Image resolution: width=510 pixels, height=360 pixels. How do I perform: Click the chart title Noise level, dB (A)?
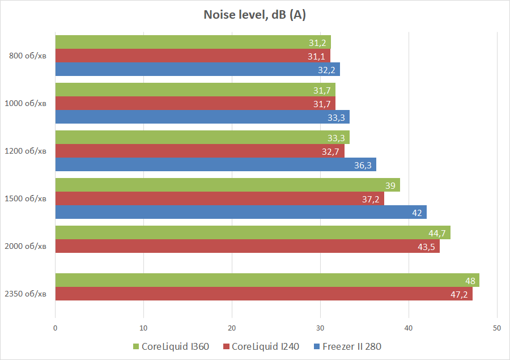click(x=254, y=15)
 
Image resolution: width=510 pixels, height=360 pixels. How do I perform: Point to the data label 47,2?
click(x=461, y=294)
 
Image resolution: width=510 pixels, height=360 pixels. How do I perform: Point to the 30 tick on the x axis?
click(x=320, y=328)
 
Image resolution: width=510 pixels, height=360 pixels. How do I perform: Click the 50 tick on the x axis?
click(x=497, y=328)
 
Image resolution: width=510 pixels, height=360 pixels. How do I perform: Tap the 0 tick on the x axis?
click(x=55, y=328)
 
